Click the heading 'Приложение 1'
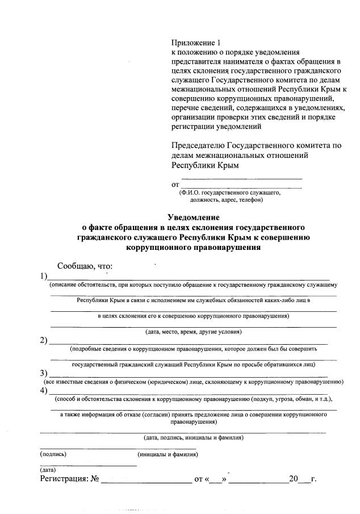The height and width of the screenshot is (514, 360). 195,43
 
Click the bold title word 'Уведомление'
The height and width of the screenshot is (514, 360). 193,217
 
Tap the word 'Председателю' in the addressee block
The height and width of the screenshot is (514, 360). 199,145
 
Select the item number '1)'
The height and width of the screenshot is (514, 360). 44,277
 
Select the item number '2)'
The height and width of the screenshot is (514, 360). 44,341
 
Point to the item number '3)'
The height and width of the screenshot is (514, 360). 44,374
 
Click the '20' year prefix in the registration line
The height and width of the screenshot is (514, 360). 293,479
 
